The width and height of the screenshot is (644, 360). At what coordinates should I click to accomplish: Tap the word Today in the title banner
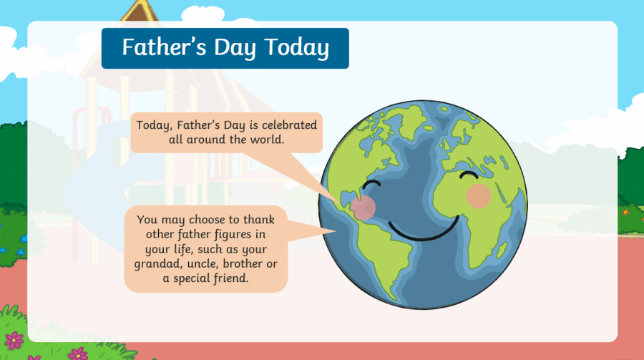[296, 48]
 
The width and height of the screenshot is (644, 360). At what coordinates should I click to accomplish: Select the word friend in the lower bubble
[230, 280]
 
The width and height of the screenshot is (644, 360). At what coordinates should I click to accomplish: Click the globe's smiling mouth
[422, 230]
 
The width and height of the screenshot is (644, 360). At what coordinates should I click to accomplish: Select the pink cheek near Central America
[364, 208]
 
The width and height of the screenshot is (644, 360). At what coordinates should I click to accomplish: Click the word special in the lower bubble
[195, 280]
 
